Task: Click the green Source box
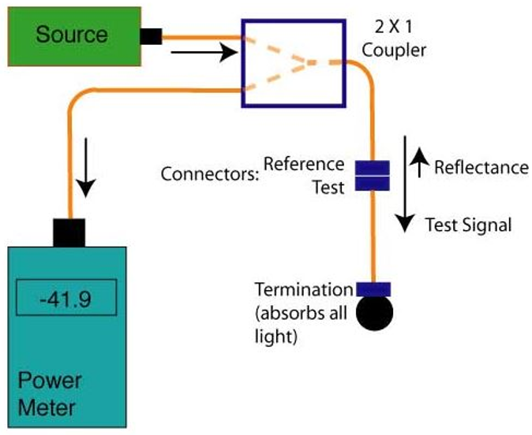point(71,34)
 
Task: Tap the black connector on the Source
point(151,36)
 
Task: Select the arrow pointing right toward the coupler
point(204,54)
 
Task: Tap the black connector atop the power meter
point(69,232)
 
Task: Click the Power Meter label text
point(49,395)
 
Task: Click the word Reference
point(304,164)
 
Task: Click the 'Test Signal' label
point(468,225)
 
